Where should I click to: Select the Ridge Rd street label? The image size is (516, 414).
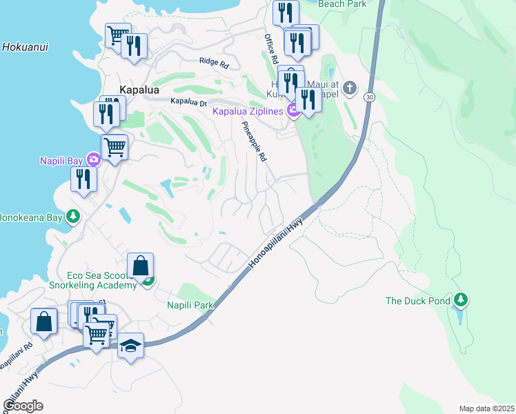(x=214, y=62)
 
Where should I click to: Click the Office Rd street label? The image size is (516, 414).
(x=270, y=48)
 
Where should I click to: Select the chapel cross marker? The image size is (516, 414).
(x=350, y=88)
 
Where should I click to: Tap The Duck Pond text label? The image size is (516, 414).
(x=418, y=301)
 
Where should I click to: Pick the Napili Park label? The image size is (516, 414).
(x=190, y=304)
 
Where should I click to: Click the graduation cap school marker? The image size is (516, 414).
(x=130, y=345)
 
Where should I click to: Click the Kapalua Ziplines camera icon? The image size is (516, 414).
(x=294, y=110)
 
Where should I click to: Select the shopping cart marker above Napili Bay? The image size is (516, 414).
(x=115, y=146)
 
